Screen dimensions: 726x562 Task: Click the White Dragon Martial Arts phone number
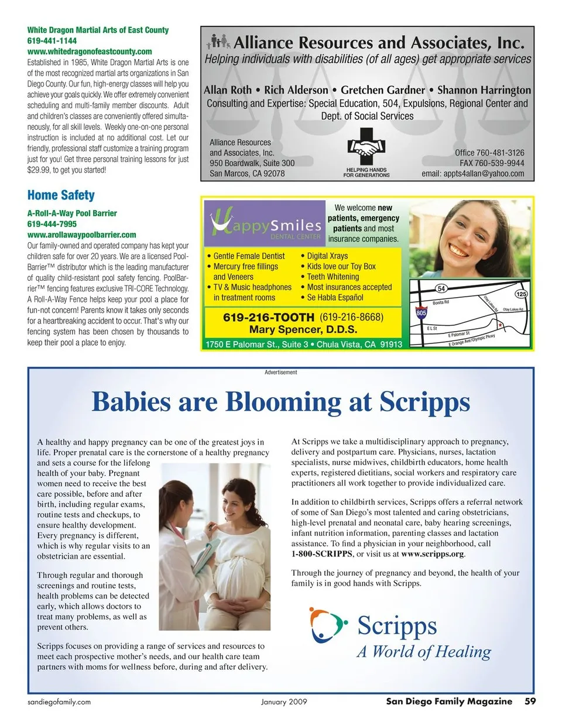pyautogui.click(x=52, y=41)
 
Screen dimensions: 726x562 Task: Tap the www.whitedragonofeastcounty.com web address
pyautogui.click(x=90, y=51)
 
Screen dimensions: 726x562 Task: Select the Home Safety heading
pyautogui.click(x=61, y=195)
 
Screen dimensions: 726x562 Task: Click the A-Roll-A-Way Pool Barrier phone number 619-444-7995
pyautogui.click(x=52, y=224)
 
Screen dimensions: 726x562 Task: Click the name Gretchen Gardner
pyautogui.click(x=383, y=90)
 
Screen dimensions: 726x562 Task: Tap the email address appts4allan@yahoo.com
pyautogui.click(x=473, y=173)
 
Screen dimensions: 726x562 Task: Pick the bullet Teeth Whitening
pyautogui.click(x=333, y=277)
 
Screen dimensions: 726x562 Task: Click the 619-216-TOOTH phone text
pyautogui.click(x=269, y=317)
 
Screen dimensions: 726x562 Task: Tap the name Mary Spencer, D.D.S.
pyautogui.click(x=303, y=329)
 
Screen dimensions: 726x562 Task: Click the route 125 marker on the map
pyautogui.click(x=520, y=294)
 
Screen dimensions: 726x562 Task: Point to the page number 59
pyautogui.click(x=530, y=701)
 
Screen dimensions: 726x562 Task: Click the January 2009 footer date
pyautogui.click(x=284, y=702)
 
